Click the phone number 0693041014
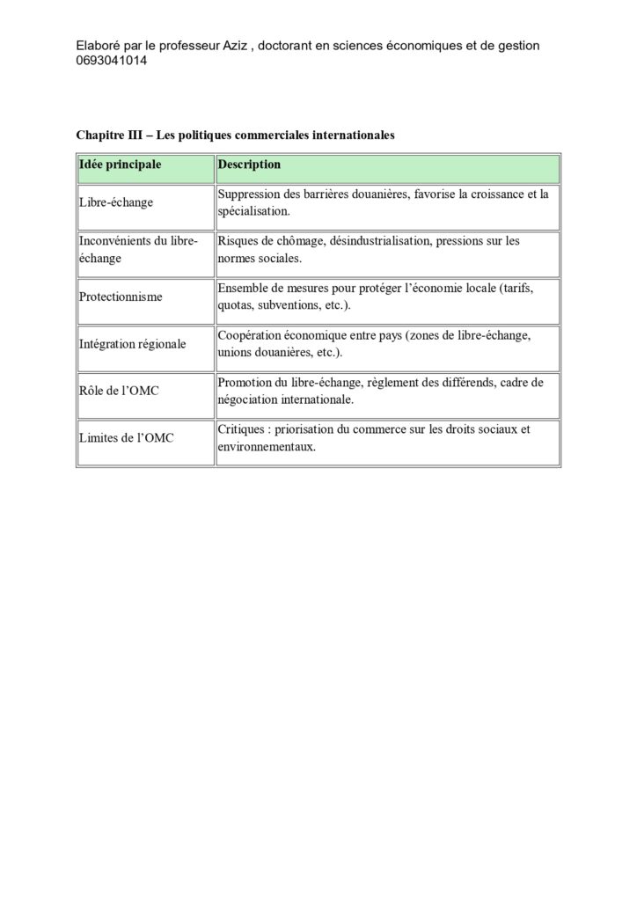click(x=111, y=62)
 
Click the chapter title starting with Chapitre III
click(x=236, y=136)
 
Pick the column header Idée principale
click(x=121, y=165)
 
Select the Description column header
click(x=250, y=165)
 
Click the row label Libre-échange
click(x=116, y=202)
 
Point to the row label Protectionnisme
click(x=121, y=297)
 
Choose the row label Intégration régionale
click(x=133, y=345)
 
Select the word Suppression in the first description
click(x=250, y=194)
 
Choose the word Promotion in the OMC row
click(x=246, y=383)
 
